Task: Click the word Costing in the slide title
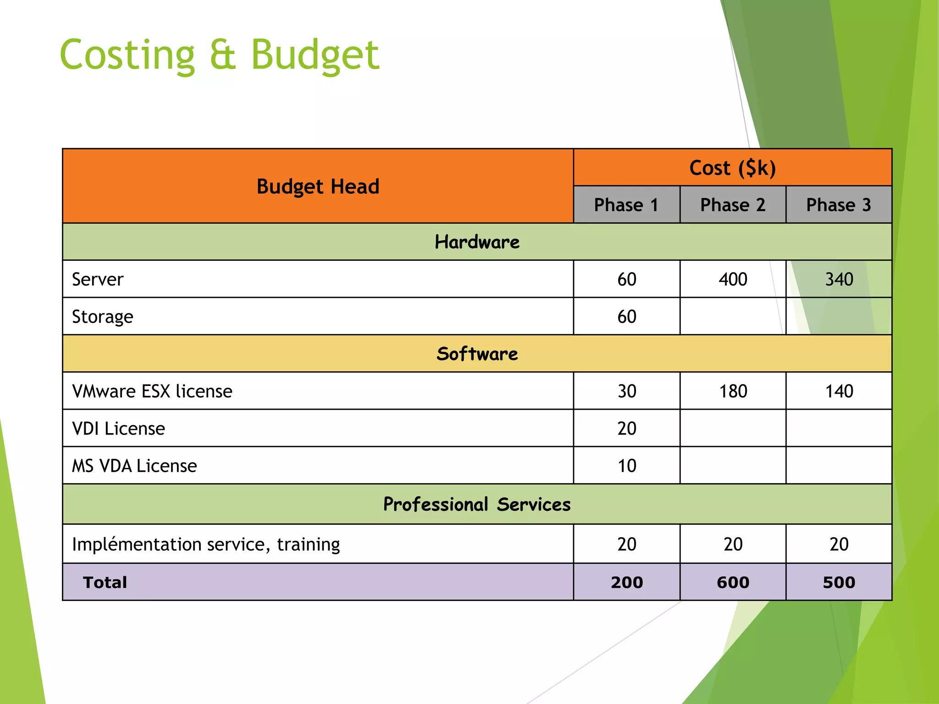click(127, 55)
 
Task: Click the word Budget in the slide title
click(315, 55)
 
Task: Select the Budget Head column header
click(318, 187)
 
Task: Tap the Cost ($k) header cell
click(732, 168)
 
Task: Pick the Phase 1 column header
click(626, 205)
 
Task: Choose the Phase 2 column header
click(733, 205)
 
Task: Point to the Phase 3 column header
click(839, 205)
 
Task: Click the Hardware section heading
click(477, 242)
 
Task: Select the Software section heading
click(477, 354)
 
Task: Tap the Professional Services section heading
click(477, 504)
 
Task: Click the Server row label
click(98, 280)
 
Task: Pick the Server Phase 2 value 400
click(733, 280)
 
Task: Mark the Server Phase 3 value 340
click(839, 280)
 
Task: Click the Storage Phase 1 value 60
click(627, 317)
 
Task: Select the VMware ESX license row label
click(152, 391)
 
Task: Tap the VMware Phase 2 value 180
click(733, 391)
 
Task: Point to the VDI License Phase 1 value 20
click(627, 429)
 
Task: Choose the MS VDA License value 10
click(627, 466)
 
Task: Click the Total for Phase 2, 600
click(733, 583)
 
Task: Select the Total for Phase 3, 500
click(839, 583)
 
